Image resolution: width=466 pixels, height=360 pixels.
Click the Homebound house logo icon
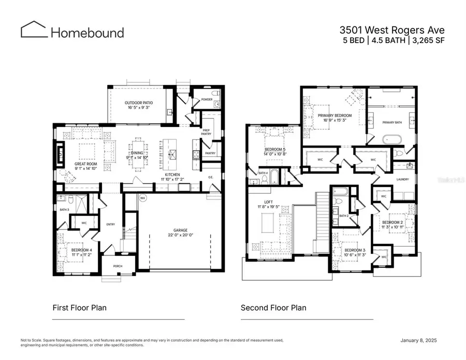click(x=34, y=30)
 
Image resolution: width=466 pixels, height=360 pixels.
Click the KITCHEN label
click(x=172, y=175)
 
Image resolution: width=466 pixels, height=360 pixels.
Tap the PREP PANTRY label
click(x=206, y=132)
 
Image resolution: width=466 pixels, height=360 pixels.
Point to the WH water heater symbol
click(x=142, y=197)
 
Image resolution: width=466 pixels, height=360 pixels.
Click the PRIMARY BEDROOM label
click(x=334, y=116)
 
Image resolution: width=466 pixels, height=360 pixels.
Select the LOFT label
click(x=267, y=203)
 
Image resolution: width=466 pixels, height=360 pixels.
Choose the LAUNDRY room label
click(x=403, y=179)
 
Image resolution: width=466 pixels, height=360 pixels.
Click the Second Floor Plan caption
click(x=273, y=308)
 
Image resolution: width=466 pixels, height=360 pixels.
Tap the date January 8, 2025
click(x=423, y=340)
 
